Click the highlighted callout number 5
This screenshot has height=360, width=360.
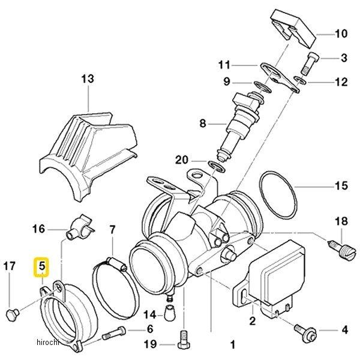[x=42, y=266]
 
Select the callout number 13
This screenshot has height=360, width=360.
[x=88, y=79]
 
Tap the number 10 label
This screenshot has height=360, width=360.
[x=341, y=34]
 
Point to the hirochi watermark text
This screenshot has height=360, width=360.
[x=48, y=342]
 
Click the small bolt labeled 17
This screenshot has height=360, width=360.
[x=13, y=314]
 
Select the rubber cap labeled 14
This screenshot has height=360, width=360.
[x=170, y=313]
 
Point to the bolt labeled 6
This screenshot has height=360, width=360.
[x=114, y=333]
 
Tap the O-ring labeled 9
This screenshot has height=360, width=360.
[x=262, y=86]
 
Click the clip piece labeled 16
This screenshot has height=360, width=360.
[x=80, y=228]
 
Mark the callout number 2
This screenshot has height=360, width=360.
[x=252, y=321]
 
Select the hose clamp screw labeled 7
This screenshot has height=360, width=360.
[x=116, y=263]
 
